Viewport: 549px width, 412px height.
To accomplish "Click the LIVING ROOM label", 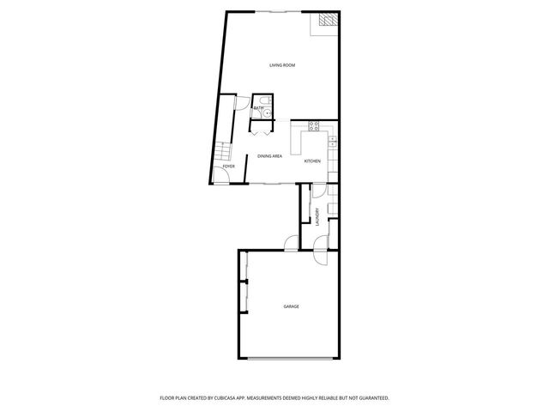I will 282,65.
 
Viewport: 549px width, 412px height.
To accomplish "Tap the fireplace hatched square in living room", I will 327,21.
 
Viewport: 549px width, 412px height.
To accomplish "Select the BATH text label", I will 257,108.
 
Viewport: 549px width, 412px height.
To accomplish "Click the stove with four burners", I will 314,127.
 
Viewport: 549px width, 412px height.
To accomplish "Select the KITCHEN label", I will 312,161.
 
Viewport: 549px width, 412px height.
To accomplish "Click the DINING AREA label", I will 270,155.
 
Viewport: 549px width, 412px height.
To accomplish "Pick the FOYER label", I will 229,166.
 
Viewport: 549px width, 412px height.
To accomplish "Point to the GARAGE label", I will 292,306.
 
